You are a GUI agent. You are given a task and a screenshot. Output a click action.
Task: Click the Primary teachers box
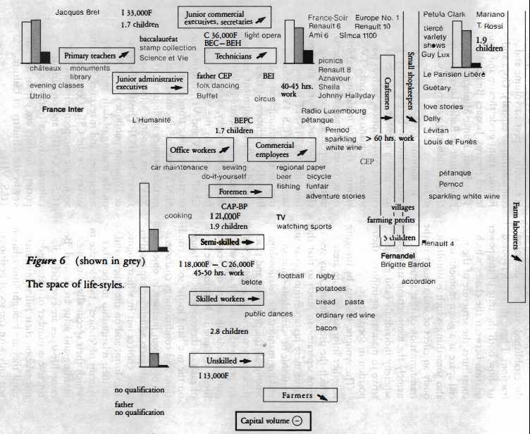tap(97, 54)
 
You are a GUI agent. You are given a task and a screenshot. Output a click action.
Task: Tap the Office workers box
tap(200, 149)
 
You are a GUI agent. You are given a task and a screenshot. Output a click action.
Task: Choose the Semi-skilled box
tap(226, 242)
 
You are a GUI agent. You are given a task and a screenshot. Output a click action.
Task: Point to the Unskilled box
tap(226, 360)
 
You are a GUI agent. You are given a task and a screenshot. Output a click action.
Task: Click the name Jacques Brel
tap(78, 13)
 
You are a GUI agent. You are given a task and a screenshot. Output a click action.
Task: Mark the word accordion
tap(418, 281)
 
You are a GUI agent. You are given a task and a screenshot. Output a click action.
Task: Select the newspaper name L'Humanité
tap(152, 120)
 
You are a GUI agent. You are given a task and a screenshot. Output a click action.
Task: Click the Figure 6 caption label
tap(45, 261)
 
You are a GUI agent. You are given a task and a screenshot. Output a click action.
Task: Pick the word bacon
tap(326, 328)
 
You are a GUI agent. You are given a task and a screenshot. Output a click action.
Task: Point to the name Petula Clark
tap(444, 14)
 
